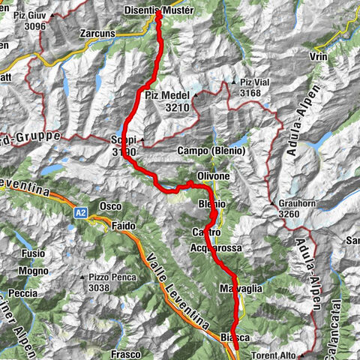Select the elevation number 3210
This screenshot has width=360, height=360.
pyautogui.click(x=178, y=107)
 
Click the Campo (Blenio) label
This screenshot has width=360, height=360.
pyautogui.click(x=213, y=150)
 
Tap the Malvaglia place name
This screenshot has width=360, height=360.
pyautogui.click(x=240, y=288)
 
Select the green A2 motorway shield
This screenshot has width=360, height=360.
pyautogui.click(x=80, y=213)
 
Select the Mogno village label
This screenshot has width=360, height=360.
pyautogui.click(x=32, y=270)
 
